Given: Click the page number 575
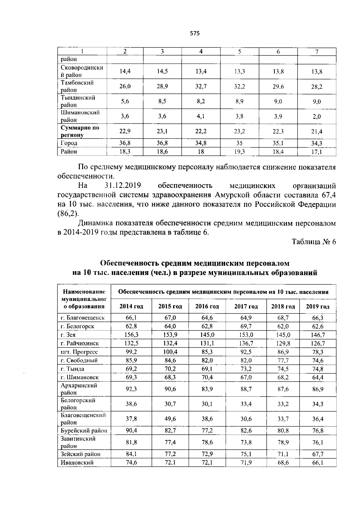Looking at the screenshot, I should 195,34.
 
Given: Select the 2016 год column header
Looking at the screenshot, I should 207,307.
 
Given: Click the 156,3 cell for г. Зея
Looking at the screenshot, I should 131,335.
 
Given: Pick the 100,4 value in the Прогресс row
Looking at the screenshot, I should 170,352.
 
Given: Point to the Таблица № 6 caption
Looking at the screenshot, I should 313,242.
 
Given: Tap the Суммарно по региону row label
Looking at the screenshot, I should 80,131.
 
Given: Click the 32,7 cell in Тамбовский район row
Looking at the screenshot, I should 201,86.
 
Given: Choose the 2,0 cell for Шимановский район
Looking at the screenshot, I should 316,117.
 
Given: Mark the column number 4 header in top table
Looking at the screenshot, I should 201,52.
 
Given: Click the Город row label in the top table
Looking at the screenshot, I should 69,143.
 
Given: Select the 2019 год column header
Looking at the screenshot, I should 318,307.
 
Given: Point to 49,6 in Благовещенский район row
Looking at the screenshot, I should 170,419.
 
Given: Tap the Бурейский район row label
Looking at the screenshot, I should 84,431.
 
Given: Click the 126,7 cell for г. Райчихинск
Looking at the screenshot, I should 318,343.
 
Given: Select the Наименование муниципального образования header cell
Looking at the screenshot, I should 84,299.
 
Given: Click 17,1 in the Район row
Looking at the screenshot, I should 316,152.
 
